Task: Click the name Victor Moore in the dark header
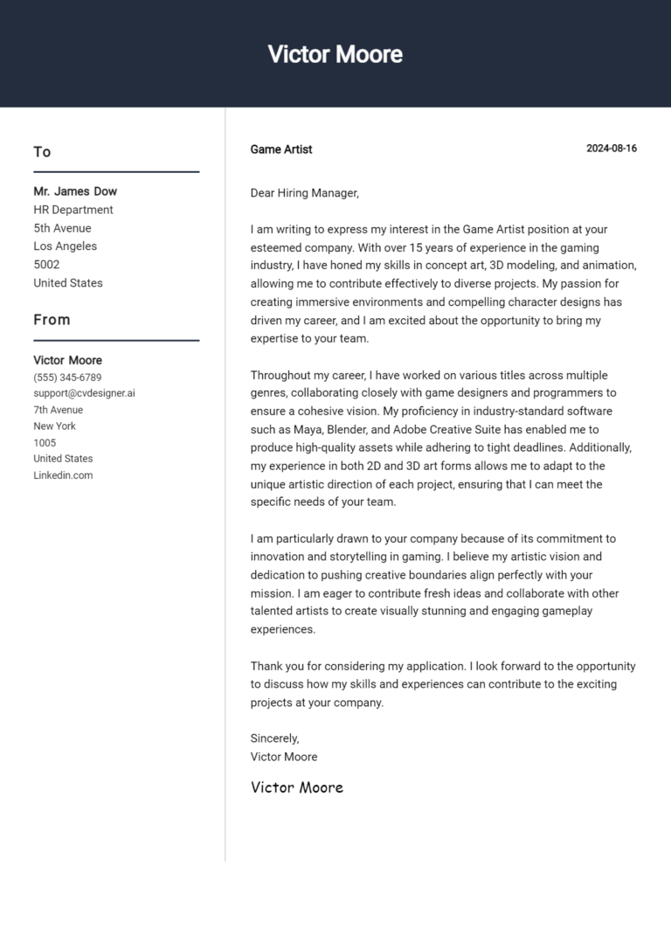pyautogui.click(x=335, y=54)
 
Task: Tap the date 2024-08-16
pyautogui.click(x=611, y=149)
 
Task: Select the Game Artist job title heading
pyautogui.click(x=280, y=149)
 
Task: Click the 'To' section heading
pyautogui.click(x=42, y=152)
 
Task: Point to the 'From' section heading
pyautogui.click(x=52, y=320)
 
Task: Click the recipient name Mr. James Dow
pyautogui.click(x=75, y=191)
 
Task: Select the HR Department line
pyautogui.click(x=73, y=210)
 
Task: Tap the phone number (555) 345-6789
pyautogui.click(x=67, y=377)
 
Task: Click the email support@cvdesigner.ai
pyautogui.click(x=84, y=393)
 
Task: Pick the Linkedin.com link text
pyautogui.click(x=63, y=475)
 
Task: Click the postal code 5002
pyautogui.click(x=46, y=264)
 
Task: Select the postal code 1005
pyautogui.click(x=45, y=442)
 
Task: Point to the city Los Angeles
pyautogui.click(x=66, y=246)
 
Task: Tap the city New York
pyautogui.click(x=54, y=426)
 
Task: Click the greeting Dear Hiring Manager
pyautogui.click(x=304, y=193)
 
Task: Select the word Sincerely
pyautogui.click(x=274, y=738)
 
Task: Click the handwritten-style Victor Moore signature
pyautogui.click(x=296, y=787)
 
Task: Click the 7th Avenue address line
pyautogui.click(x=59, y=410)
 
